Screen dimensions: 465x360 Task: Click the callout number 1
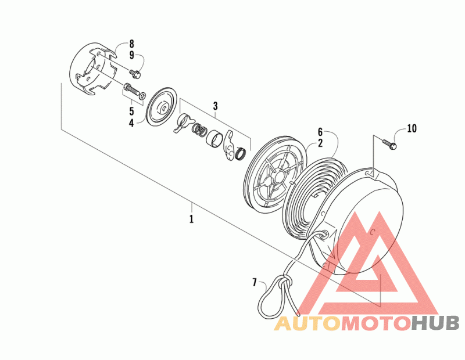click(x=191, y=219)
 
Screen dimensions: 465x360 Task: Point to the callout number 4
click(x=131, y=123)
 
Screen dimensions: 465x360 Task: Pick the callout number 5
click(x=131, y=110)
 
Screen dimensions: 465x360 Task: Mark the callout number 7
click(x=254, y=283)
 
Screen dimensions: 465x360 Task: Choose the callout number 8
click(x=131, y=44)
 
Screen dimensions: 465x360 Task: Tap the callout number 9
click(x=131, y=55)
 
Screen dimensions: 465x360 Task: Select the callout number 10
click(x=412, y=128)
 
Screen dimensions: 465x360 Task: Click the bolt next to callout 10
click(x=389, y=143)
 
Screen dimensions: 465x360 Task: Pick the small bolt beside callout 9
click(x=136, y=73)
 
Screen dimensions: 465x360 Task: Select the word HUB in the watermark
click(x=436, y=323)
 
